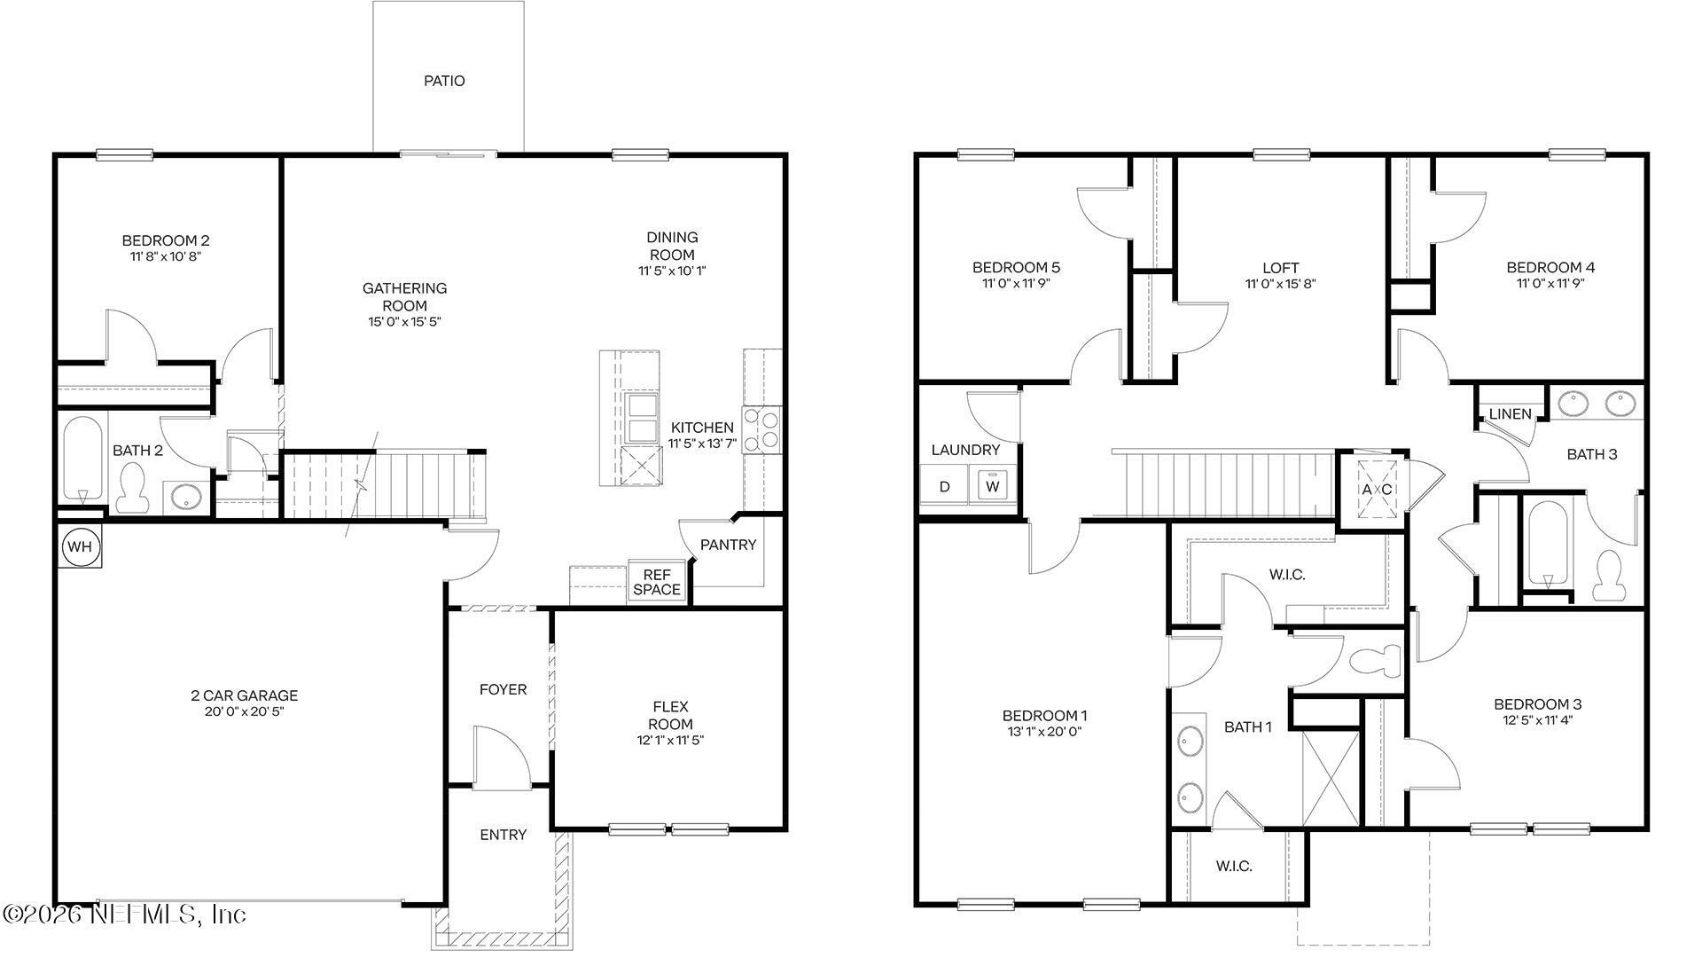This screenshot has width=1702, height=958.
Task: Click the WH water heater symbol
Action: coord(80,546)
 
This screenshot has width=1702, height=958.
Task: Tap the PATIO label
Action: coord(444,81)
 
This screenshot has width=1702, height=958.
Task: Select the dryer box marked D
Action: coord(945,486)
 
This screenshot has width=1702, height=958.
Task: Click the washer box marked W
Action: coord(993,486)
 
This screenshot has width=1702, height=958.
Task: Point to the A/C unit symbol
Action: coord(1377,490)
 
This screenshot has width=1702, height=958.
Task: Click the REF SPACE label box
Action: coord(657,582)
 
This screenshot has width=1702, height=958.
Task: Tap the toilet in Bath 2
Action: coord(132,490)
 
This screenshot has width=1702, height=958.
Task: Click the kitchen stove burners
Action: coord(761,429)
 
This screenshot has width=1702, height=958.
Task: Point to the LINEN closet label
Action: coord(1510,414)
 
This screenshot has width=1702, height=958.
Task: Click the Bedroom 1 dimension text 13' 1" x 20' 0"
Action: coord(1044,732)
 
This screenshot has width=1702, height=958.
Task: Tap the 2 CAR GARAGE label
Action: coord(244,695)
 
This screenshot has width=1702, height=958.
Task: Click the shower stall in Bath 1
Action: coord(1330,779)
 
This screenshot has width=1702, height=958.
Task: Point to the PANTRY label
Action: coord(728,545)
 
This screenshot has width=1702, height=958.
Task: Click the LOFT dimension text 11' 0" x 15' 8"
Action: coord(1280,284)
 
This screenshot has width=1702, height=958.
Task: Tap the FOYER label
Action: coord(503,689)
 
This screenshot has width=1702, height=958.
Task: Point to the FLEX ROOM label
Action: coord(670,715)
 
